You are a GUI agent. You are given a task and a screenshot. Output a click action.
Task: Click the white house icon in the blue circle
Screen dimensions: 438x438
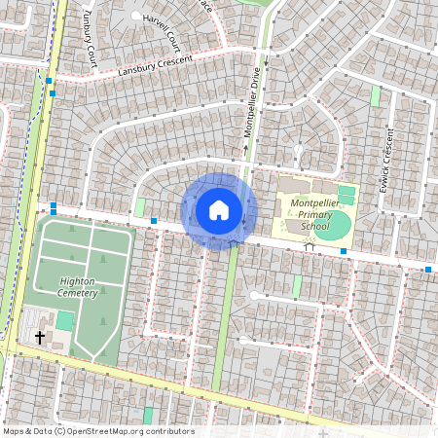tap(219, 210)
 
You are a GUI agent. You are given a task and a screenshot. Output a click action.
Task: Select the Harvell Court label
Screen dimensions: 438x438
tap(162, 33)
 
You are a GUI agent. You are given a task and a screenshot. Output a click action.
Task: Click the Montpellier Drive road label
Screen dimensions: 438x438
tap(250, 107)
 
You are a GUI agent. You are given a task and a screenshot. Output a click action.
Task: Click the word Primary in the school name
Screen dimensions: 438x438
tap(316, 215)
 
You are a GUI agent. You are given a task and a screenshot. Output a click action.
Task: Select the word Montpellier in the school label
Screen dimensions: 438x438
tap(316, 202)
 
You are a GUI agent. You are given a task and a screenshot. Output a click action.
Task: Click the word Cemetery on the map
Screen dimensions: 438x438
tap(78, 293)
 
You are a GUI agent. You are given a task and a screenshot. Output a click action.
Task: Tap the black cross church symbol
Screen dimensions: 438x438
tap(40, 338)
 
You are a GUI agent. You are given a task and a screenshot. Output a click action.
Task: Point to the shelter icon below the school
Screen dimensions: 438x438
tap(310, 247)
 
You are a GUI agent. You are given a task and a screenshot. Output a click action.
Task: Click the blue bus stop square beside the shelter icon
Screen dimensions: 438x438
tap(343, 251)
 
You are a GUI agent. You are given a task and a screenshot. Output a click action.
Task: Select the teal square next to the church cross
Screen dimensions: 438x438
tap(64, 320)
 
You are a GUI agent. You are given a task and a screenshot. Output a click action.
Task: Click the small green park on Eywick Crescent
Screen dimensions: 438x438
tap(375, 97)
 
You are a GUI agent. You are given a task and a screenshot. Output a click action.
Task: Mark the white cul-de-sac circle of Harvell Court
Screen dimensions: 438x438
tap(135, 17)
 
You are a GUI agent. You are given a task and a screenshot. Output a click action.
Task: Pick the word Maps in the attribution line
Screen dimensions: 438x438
tap(14, 431)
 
